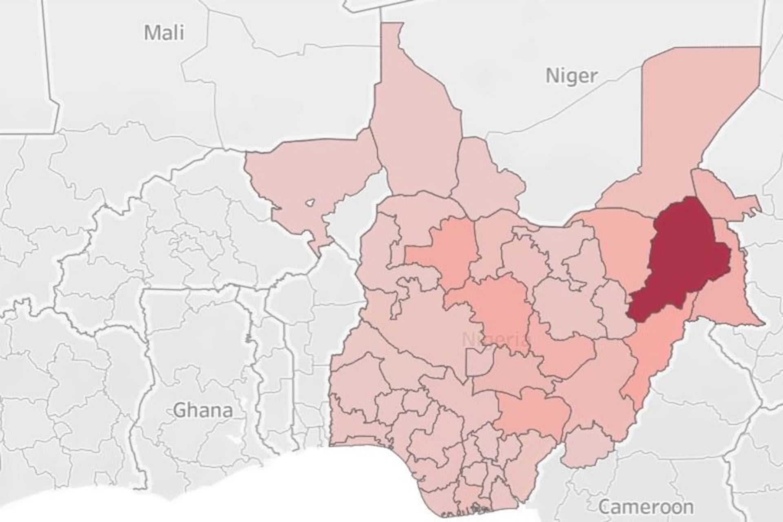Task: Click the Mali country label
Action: point(164,32)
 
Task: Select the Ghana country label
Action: point(203,410)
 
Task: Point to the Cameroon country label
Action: point(646,507)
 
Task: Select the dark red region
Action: point(681,261)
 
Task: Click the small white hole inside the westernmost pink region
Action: point(310,202)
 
